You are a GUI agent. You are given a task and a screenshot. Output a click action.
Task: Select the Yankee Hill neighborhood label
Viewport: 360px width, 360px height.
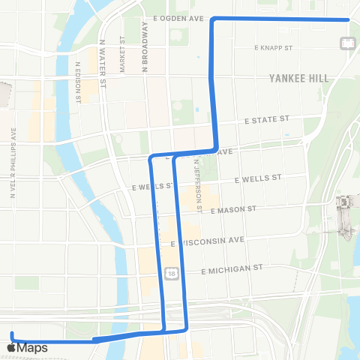(x=299, y=77)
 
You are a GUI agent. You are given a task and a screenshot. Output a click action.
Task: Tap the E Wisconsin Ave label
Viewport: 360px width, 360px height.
(x=208, y=241)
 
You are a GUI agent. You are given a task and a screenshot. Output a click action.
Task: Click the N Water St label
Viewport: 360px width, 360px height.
(x=104, y=57)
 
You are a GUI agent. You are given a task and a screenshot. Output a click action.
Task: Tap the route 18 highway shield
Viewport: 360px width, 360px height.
(x=173, y=275)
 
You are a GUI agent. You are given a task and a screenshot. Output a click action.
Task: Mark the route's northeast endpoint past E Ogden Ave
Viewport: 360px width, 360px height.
(x=349, y=20)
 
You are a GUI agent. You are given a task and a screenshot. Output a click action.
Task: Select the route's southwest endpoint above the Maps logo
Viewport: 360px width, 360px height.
(x=12, y=333)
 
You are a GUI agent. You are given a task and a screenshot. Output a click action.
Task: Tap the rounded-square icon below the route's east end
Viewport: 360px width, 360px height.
(x=349, y=43)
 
